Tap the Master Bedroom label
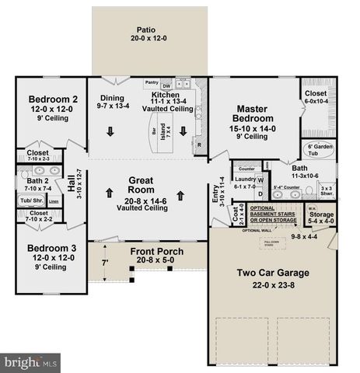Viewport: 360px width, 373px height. coord(255,115)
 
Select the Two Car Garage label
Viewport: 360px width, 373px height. coord(273,273)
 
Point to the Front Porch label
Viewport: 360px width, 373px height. coord(156,250)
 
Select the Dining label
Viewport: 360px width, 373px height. coord(111,99)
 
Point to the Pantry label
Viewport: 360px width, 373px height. coord(152,82)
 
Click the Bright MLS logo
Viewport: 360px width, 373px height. coord(31,361)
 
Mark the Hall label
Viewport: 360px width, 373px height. coord(72,183)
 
